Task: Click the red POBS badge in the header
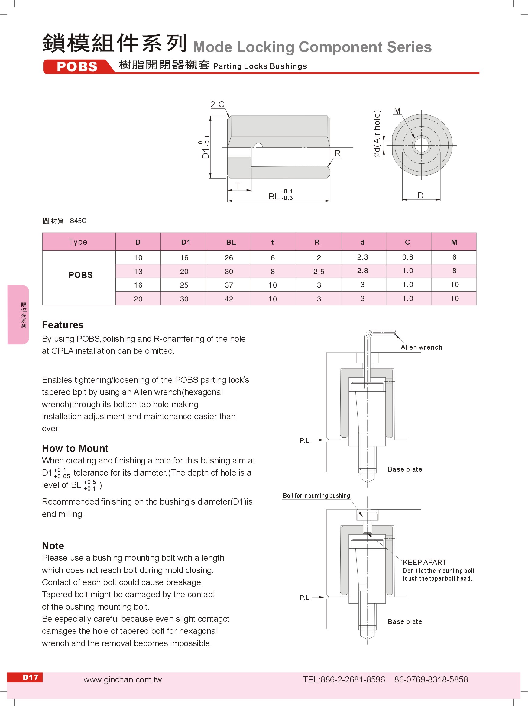point(77,66)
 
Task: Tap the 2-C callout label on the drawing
point(217,104)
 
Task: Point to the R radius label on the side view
point(337,153)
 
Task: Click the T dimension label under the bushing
point(238,186)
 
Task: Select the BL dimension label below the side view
point(274,196)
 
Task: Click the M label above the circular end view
point(397,111)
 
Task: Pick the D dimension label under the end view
point(420,195)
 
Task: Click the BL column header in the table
point(231,242)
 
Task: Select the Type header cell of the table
point(78,242)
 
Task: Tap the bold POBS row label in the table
point(80,275)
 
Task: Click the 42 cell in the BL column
point(229,299)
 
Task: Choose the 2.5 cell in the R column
point(319,272)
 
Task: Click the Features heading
point(63,325)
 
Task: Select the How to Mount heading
point(75,448)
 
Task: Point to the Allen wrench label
point(421,347)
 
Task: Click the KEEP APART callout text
point(425,562)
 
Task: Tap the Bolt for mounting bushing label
point(316,495)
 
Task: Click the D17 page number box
point(31,677)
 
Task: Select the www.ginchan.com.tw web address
point(123,679)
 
